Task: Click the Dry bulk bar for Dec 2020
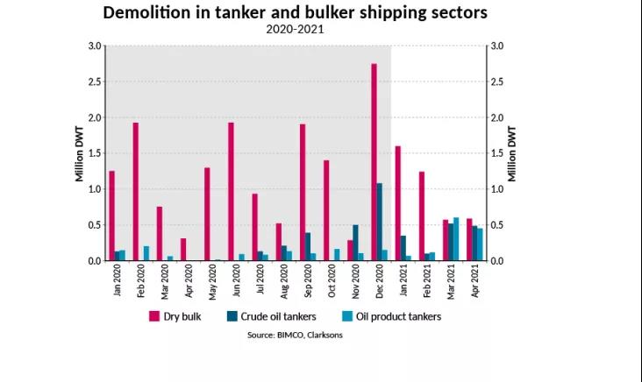pos(374,162)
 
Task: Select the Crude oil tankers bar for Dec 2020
pos(380,222)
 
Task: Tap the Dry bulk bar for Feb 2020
pos(136,192)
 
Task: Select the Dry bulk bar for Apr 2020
pos(183,250)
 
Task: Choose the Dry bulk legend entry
pos(176,316)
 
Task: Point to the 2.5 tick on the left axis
pos(93,81)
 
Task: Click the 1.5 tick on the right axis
pos(496,153)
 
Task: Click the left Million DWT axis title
pos(78,153)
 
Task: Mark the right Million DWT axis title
pos(512,153)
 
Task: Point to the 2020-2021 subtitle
pos(295,29)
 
